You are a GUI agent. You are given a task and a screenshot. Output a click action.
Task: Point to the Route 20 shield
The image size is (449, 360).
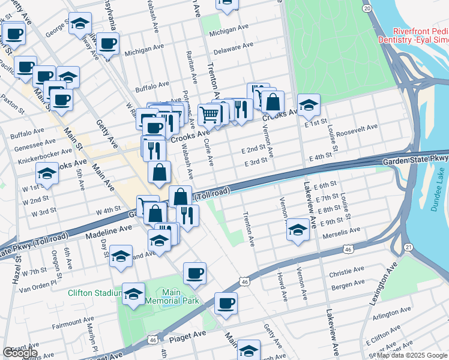[367, 8]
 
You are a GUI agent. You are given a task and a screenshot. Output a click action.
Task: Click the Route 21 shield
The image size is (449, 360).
[408, 247]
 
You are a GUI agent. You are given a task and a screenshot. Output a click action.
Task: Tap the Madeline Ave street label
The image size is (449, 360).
[108, 230]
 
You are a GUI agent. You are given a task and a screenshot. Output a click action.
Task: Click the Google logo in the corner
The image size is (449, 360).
[20, 353]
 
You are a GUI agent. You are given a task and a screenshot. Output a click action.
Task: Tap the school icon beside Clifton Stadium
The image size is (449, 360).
[134, 293]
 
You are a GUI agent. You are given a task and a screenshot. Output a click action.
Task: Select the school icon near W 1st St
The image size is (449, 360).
[47, 173]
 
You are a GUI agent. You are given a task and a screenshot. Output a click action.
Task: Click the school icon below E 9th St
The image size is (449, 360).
[298, 229]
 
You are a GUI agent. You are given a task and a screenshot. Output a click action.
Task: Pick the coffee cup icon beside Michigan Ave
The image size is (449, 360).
[108, 43]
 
